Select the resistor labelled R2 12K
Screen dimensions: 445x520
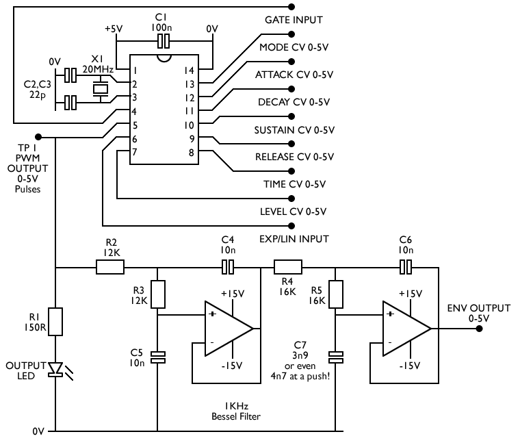110,267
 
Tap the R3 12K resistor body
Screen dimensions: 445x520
158,294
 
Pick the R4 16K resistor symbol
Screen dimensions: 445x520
288,267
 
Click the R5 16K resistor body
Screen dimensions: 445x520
336,294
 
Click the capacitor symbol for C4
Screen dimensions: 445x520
229,267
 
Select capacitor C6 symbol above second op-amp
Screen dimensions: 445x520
406,267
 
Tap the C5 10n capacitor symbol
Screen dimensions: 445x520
158,357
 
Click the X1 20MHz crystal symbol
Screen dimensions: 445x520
101,88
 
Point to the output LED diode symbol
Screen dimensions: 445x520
55,370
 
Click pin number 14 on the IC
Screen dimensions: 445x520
190,71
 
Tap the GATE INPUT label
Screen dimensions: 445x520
294,21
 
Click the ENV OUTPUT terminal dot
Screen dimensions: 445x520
480,329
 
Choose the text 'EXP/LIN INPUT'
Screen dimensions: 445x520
294,239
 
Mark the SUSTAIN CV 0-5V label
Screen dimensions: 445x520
294,129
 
